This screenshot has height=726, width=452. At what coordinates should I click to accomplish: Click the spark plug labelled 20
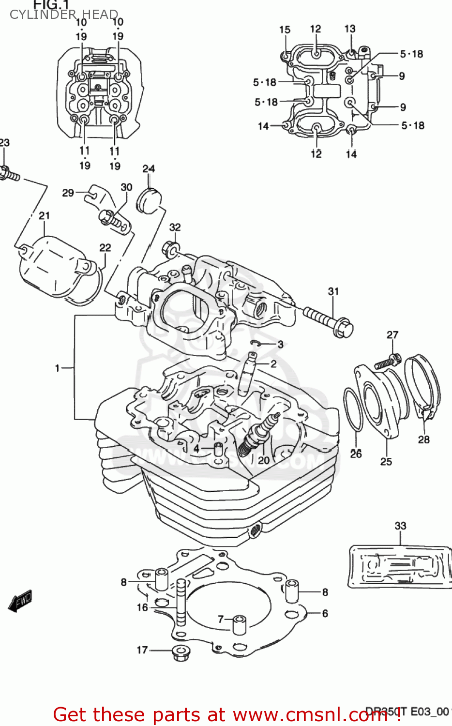pyautogui.click(x=259, y=432)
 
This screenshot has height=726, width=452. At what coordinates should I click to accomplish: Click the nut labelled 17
pyautogui.click(x=181, y=652)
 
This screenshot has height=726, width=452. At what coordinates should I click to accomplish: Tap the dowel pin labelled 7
pyautogui.click(x=239, y=624)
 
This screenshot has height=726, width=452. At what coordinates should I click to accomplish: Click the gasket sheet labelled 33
pyautogui.click(x=400, y=566)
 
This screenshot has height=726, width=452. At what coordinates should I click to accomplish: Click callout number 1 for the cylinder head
pyautogui.click(x=57, y=368)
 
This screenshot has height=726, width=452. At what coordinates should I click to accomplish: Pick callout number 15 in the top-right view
pyautogui.click(x=285, y=30)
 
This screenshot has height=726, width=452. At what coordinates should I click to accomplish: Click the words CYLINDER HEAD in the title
pyautogui.click(x=63, y=15)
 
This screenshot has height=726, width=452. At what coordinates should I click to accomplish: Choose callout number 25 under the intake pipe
pyautogui.click(x=386, y=461)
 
